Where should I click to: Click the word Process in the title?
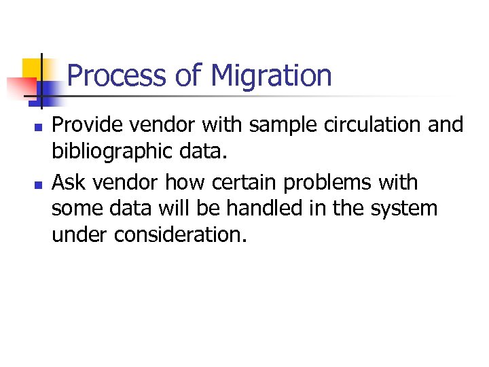[116, 75]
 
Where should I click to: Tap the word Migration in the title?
[272, 75]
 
